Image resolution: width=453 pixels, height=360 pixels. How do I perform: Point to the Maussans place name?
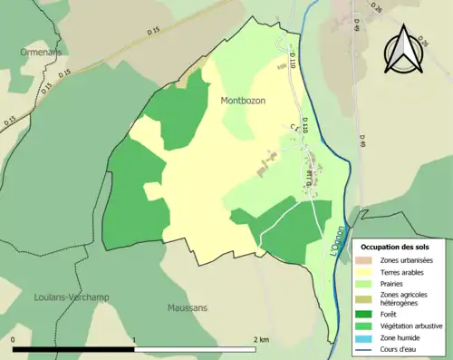click(x=188, y=307)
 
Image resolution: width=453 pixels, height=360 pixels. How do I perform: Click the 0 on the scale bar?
click(x=14, y=339)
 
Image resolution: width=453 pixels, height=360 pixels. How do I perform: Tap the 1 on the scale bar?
click(x=134, y=339)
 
